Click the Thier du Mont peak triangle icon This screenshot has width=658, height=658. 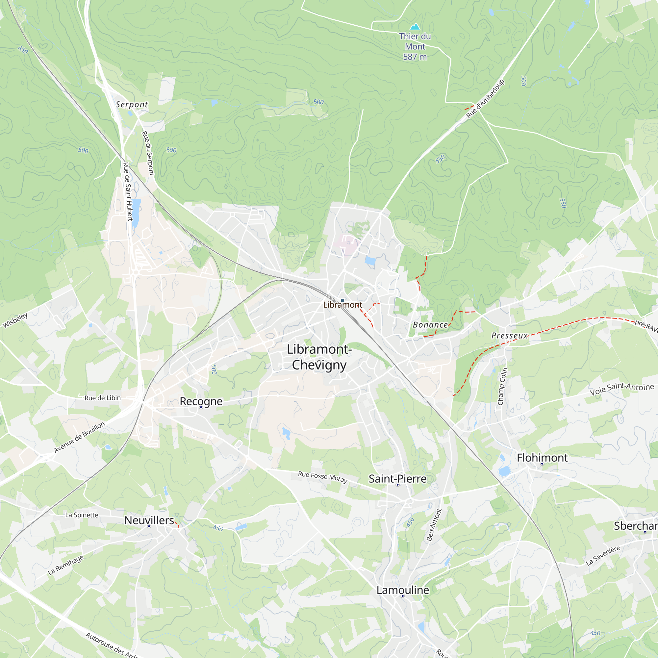[x=415, y=27]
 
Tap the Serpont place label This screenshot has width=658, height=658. [x=132, y=105]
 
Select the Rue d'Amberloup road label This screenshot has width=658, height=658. [x=485, y=99]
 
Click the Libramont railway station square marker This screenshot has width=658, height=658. [x=342, y=300]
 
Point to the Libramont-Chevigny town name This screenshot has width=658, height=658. [x=319, y=357]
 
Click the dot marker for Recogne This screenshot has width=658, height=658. [x=201, y=407]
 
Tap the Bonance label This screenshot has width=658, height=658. [x=430, y=325]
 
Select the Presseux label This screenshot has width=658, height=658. [x=509, y=336]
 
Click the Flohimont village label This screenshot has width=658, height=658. [x=542, y=458]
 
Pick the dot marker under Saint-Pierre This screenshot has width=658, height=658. [x=397, y=485]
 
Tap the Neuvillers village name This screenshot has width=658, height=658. [x=149, y=520]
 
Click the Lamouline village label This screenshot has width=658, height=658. [x=403, y=590]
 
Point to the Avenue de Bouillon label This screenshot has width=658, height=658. [x=79, y=437]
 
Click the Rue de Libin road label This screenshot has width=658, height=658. [x=103, y=398]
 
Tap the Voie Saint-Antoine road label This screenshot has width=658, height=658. [x=622, y=389]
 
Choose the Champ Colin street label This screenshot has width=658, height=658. [x=502, y=387]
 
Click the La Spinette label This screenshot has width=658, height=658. [x=82, y=515]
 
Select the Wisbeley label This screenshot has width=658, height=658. [x=15, y=320]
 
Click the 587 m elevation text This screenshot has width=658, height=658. [x=415, y=57]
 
